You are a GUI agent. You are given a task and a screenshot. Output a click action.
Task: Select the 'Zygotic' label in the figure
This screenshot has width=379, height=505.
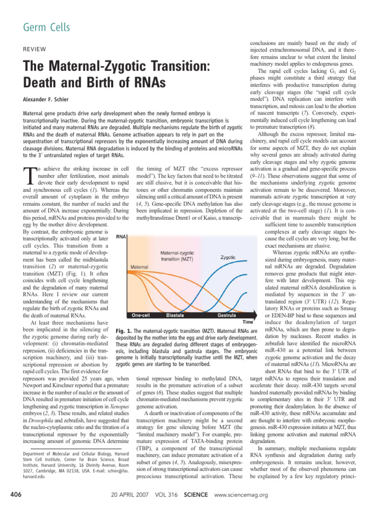point(227,257)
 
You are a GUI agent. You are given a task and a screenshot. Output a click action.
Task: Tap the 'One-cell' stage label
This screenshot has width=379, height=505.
point(142,314)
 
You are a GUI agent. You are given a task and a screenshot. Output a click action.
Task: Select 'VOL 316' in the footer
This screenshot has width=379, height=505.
point(165,495)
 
